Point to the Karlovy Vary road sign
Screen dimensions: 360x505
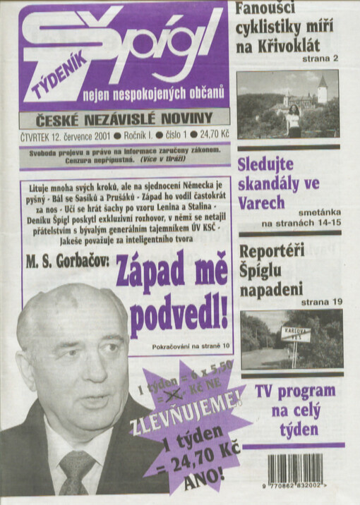[x=295, y=334]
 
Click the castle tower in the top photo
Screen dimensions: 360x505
[x=322, y=90]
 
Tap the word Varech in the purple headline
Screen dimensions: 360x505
[x=261, y=202]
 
